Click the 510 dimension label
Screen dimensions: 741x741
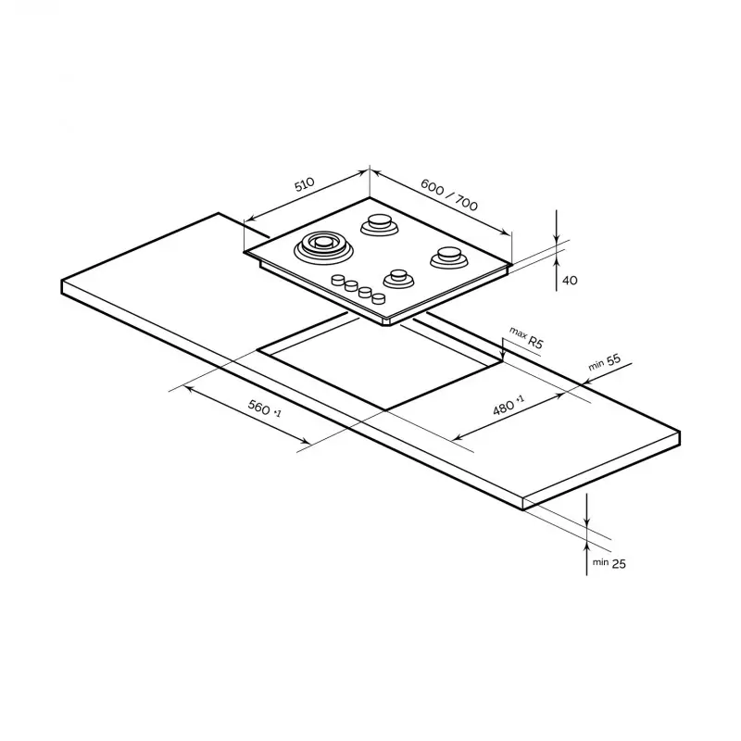tap(305, 183)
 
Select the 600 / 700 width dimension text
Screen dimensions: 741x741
tap(449, 195)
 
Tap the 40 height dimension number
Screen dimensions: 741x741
tap(570, 281)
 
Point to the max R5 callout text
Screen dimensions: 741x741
tap(526, 337)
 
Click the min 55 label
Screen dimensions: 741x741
tap(604, 362)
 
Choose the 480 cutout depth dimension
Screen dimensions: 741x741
tap(508, 406)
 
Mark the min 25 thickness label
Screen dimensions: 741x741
tap(609, 563)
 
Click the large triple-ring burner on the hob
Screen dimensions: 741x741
tap(323, 246)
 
